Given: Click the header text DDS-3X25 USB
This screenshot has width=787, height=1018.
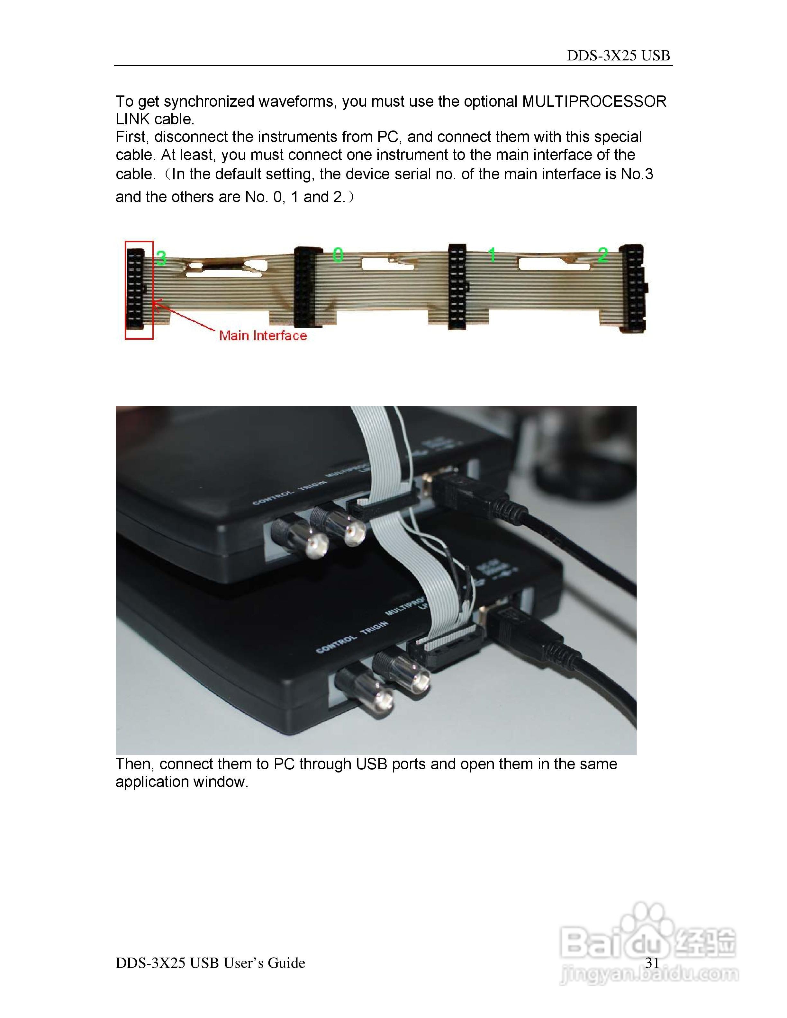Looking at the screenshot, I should pos(618,56).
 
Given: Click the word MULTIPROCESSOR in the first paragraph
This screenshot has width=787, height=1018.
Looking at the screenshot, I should pos(594,101).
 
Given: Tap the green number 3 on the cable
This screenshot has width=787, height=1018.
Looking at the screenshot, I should pos(161,258).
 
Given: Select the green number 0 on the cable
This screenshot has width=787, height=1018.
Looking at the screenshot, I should pos(338,255).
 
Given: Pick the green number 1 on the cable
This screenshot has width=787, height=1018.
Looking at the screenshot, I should pos(492,255).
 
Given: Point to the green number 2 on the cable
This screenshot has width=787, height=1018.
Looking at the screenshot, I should pos(603,255).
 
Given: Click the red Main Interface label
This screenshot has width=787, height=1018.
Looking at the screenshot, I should pos(263,335).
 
